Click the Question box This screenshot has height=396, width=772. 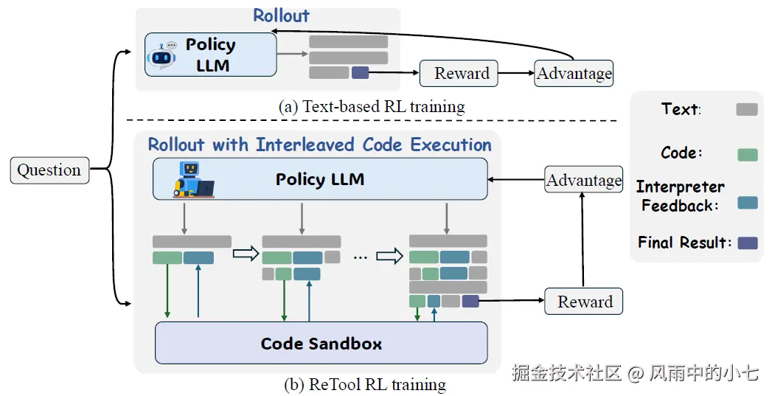click(49, 170)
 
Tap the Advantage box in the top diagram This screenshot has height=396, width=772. click(574, 73)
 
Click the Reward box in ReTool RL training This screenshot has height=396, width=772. click(584, 302)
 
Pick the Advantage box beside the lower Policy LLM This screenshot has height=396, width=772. click(583, 181)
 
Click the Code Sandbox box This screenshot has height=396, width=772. click(321, 343)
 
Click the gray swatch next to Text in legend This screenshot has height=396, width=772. click(746, 109)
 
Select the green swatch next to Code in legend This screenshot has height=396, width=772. click(746, 154)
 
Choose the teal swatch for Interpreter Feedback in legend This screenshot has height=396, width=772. click(746, 204)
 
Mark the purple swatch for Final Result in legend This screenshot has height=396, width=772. click(746, 243)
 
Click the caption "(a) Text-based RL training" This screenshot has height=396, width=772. click(372, 107)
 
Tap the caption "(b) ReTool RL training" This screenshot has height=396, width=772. click(365, 385)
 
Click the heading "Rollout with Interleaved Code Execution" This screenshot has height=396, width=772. click(319, 145)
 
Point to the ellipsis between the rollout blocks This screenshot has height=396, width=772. click(360, 257)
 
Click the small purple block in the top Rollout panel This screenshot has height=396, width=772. click(360, 72)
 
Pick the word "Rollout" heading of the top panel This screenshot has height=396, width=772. click(281, 15)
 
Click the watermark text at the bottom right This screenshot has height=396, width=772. click(635, 372)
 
